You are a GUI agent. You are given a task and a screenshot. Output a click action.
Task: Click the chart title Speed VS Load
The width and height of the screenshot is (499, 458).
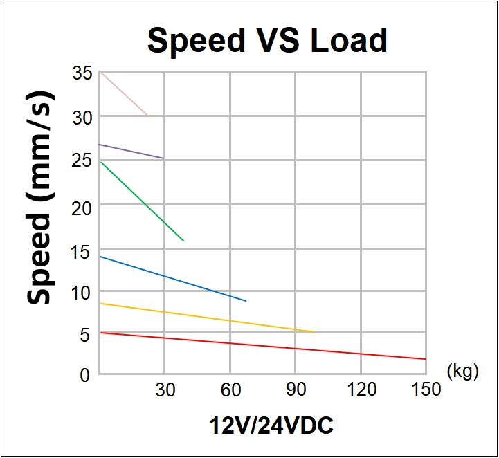(267, 40)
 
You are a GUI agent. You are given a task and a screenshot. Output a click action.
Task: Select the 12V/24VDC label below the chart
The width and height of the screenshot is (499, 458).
(271, 426)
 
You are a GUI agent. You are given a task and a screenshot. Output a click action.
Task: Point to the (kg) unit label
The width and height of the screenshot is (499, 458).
(463, 372)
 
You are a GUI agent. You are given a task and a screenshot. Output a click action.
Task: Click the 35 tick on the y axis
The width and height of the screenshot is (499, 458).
(82, 73)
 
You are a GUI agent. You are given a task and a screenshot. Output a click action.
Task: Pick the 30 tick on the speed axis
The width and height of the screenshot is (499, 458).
(82, 118)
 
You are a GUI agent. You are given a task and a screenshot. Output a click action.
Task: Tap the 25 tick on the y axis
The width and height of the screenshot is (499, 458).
(82, 161)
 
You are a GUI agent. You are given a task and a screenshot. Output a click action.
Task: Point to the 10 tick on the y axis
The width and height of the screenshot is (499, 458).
(82, 293)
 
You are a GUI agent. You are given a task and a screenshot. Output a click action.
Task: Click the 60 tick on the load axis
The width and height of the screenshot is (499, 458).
(230, 390)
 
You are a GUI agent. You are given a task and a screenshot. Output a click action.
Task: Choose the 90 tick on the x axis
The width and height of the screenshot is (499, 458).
(296, 390)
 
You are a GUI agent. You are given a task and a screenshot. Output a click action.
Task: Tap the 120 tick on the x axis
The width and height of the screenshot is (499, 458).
(361, 390)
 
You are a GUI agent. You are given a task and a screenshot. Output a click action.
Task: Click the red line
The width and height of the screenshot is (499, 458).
(263, 346)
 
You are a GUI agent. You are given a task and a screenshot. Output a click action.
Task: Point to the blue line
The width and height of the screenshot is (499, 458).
(173, 279)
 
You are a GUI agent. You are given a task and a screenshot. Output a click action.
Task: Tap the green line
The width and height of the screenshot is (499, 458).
(142, 201)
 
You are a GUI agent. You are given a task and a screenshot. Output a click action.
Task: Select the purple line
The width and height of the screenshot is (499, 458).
(131, 152)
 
